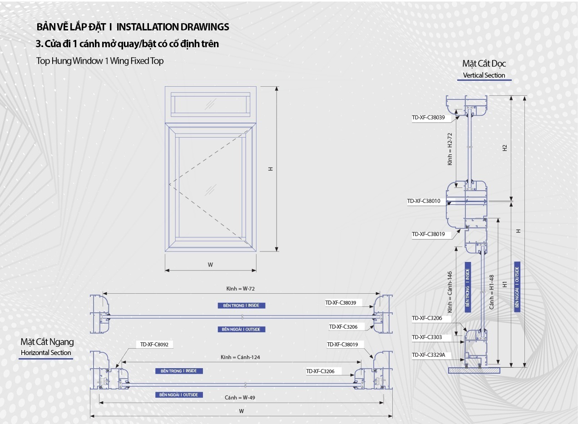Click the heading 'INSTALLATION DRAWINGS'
(173, 27)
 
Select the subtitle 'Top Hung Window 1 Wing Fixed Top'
(99, 61)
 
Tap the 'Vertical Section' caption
(484, 75)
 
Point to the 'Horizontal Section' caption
(46, 353)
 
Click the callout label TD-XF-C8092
(154, 345)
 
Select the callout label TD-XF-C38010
(424, 201)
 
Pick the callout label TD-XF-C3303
(427, 337)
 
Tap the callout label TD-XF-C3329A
(429, 355)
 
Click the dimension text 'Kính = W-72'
(241, 288)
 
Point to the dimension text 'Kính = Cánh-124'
(240, 357)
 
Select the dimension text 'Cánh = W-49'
(240, 398)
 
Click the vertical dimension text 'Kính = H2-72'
(450, 149)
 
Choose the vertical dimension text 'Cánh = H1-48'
(491, 292)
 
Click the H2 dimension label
(504, 148)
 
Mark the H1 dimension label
(505, 285)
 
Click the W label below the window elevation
(210, 265)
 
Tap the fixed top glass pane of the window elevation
(210, 104)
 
